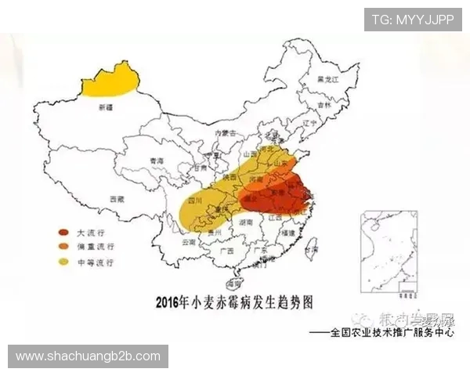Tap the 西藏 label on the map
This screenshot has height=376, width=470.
click(x=117, y=200)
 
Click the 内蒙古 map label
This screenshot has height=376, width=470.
click(x=226, y=133)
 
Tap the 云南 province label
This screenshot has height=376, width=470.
click(x=188, y=243)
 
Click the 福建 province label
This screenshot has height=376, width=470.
click(x=288, y=233)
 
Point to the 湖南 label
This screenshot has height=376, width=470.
click(x=246, y=222)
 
